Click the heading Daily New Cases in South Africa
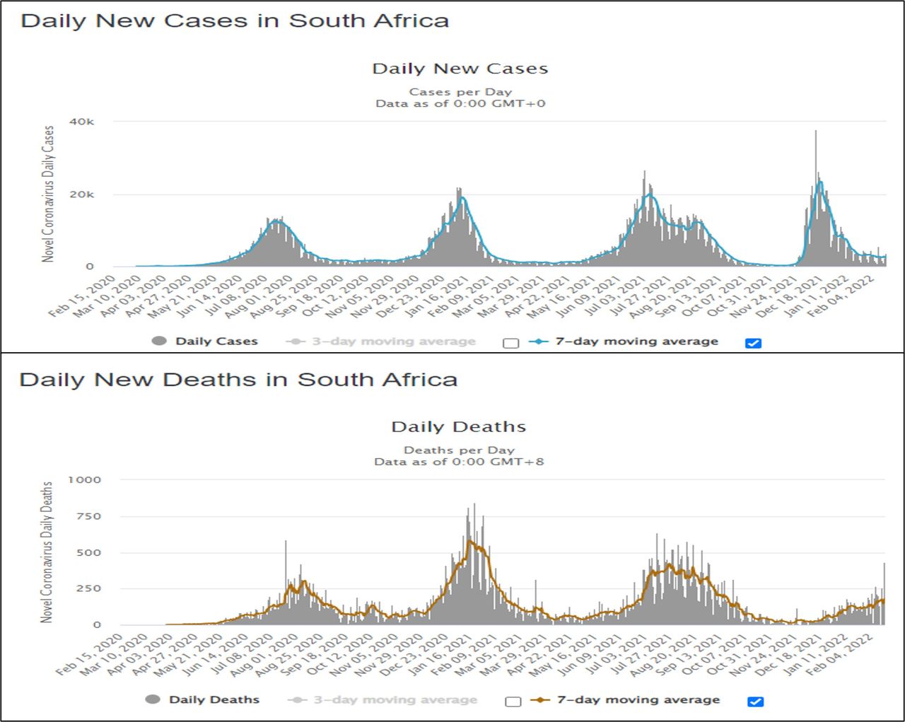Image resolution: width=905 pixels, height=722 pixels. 235,21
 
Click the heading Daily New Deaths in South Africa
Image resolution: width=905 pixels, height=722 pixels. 238,380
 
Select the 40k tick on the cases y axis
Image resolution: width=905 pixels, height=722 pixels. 81,122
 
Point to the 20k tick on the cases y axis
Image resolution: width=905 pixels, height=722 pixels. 81,194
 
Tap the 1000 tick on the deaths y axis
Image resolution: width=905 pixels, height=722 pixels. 84,479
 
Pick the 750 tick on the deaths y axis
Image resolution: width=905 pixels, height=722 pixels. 88,516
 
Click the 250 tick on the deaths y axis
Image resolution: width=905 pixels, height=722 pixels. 88,588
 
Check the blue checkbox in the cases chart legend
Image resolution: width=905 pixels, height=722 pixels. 753,343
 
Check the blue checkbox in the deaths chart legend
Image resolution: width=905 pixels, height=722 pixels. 755,701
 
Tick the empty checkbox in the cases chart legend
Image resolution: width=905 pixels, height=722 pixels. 510,343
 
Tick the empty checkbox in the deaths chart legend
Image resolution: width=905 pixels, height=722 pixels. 513,701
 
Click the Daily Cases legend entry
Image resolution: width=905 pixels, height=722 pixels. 216,342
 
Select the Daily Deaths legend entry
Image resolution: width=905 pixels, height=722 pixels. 214,700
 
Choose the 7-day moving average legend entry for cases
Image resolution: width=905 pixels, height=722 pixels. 636,342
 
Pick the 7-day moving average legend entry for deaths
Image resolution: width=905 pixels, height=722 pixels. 638,700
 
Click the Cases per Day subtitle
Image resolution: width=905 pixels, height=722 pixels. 460,92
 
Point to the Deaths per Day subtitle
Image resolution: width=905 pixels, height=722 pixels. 459,450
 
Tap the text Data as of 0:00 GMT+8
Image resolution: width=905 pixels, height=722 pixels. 459,462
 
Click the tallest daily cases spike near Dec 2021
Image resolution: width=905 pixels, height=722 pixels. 815,134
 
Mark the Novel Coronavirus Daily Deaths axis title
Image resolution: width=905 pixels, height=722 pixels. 47,552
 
